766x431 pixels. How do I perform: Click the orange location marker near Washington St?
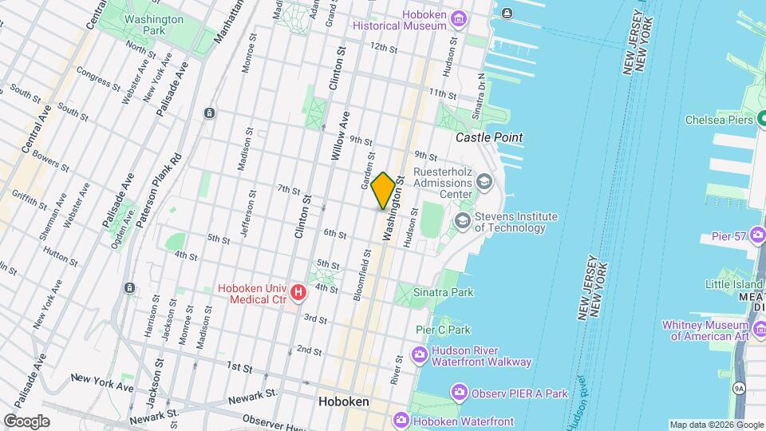coord(383,191)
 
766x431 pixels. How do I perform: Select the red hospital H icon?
coord(298,294)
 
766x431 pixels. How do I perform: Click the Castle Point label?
coord(489,137)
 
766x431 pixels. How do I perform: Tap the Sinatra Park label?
coord(444,292)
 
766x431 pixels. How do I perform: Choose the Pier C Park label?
coord(443,330)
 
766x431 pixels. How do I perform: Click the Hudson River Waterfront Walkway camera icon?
coord(420,354)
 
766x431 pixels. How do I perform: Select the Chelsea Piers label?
coord(719,121)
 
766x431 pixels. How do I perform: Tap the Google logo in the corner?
coord(26,421)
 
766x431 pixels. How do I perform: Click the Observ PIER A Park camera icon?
coord(459,392)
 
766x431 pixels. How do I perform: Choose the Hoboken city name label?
coord(343,401)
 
